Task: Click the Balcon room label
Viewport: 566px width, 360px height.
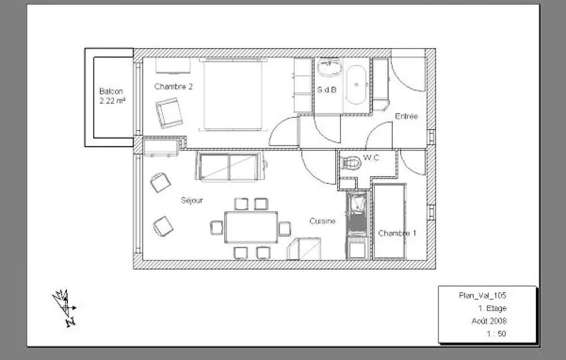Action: coord(111,91)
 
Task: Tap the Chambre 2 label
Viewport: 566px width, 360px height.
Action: coord(173,87)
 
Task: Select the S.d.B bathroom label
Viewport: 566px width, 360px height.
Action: coord(327,89)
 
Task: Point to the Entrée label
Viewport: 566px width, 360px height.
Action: coord(406,116)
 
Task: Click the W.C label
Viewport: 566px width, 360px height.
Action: coord(371,157)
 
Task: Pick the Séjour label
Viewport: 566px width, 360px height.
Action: coord(192,200)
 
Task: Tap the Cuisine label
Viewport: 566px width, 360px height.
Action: coord(323,221)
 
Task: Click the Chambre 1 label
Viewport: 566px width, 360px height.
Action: coord(397,233)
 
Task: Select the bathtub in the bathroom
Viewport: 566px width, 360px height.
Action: coord(356,85)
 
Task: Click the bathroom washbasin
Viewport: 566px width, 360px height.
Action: coord(329,67)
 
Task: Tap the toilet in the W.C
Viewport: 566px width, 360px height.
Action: coord(351,163)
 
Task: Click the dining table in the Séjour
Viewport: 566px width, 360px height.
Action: coord(251,228)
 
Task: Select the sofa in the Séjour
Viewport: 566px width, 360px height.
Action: coord(230,166)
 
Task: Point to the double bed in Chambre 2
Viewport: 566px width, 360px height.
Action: coord(233,95)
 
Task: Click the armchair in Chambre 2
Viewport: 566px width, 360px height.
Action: coord(169,113)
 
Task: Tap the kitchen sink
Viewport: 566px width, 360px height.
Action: coord(357,204)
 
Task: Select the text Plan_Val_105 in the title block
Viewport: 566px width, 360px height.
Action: coord(483,295)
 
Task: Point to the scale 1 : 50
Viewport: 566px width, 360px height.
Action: coord(496,333)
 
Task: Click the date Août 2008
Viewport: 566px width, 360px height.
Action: coord(489,320)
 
